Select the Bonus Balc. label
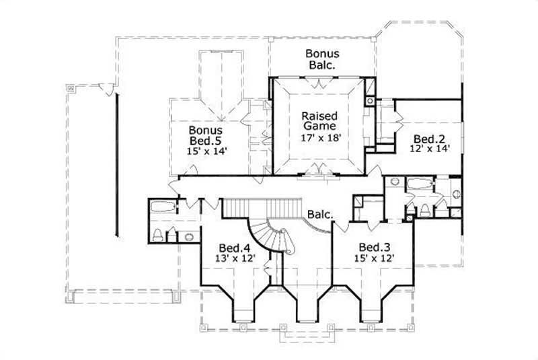[323, 59]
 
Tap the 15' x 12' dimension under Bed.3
[374, 257]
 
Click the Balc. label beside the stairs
[319, 215]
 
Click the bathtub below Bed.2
[418, 184]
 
